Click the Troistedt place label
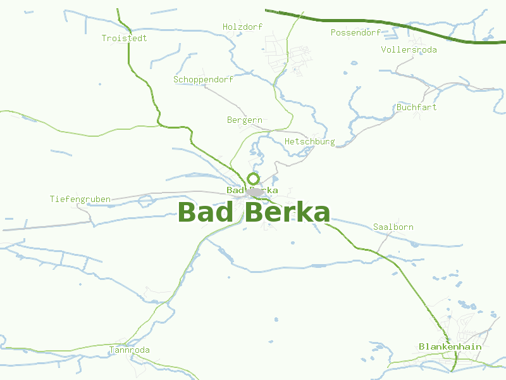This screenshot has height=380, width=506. (x=124, y=38)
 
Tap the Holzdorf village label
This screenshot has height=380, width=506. (x=242, y=27)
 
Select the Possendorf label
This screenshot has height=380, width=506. (x=355, y=32)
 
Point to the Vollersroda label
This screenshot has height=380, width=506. (x=409, y=49)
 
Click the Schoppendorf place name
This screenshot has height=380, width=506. (x=203, y=80)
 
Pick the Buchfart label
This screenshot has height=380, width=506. (x=416, y=107)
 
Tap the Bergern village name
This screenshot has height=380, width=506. (x=244, y=120)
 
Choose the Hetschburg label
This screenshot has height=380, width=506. (x=309, y=141)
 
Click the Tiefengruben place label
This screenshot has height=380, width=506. (x=80, y=199)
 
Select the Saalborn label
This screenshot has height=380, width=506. (x=393, y=227)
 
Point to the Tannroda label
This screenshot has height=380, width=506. (x=129, y=350)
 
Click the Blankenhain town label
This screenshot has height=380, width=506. (x=450, y=346)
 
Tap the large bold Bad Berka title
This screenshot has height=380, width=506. (x=254, y=212)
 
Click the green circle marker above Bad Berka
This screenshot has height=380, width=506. (x=253, y=179)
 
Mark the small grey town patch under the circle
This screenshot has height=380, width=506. (x=255, y=191)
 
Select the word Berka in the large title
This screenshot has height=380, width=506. (x=287, y=212)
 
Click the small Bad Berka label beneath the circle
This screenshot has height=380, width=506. (x=252, y=190)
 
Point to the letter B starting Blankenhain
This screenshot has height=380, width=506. (x=421, y=346)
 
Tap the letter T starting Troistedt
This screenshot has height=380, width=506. (x=104, y=38)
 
